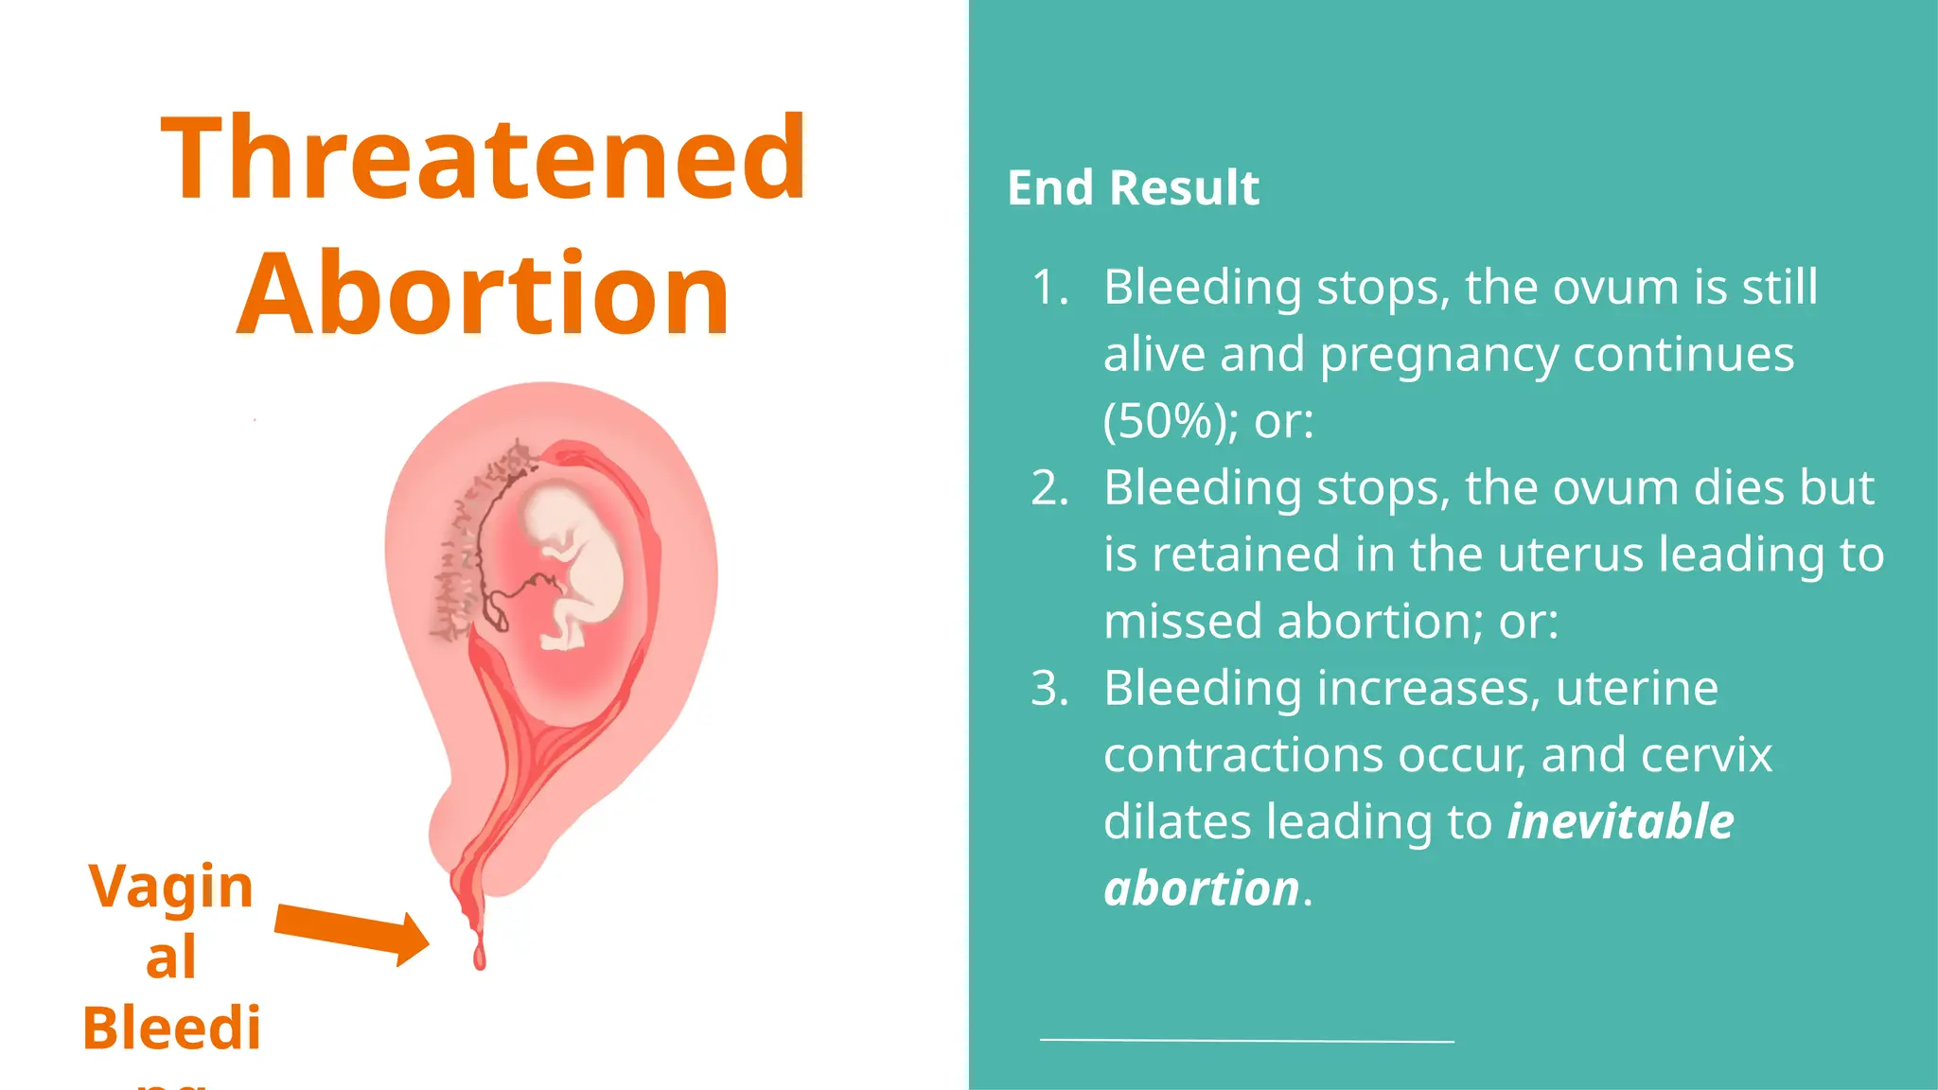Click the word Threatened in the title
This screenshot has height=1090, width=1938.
483,159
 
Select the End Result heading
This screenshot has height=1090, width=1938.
1133,187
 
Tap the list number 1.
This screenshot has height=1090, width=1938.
1049,288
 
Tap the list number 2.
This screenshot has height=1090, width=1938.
1049,488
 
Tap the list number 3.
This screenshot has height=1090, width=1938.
1049,689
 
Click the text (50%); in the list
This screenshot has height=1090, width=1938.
1170,421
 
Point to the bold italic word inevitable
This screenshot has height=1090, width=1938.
1620,821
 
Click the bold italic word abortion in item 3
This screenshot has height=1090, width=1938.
1202,888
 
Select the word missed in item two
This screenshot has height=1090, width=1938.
1183,622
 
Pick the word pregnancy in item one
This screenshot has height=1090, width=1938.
1438,355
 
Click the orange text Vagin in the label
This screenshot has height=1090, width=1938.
171,888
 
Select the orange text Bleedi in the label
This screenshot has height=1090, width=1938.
171,1028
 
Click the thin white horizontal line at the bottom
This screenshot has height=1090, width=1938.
1246,1040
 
